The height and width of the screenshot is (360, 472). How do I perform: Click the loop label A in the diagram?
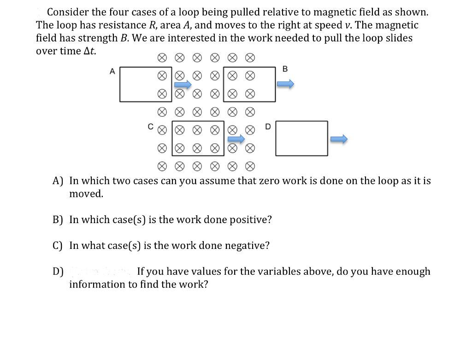pos(112,71)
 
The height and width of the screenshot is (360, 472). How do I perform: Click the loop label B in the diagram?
pos(284,69)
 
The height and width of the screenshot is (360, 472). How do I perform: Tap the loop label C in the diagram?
pos(150,125)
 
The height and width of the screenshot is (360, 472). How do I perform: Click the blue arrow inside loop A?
pos(183,84)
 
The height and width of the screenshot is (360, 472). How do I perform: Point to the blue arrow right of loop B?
pos(285,84)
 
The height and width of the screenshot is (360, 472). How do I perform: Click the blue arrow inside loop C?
pos(236,139)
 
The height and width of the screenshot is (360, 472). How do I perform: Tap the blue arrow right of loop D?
pos(339,139)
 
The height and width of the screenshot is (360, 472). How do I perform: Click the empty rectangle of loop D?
pos(302,139)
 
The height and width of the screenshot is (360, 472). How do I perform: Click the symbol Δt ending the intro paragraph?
pos(89,51)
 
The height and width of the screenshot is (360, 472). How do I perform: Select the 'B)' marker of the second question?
pos(58,219)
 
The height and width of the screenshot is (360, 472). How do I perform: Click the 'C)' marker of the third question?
pos(58,245)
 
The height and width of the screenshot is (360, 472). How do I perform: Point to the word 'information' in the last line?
pos(97,284)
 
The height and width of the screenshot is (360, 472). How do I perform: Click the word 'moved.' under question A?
pos(86,194)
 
